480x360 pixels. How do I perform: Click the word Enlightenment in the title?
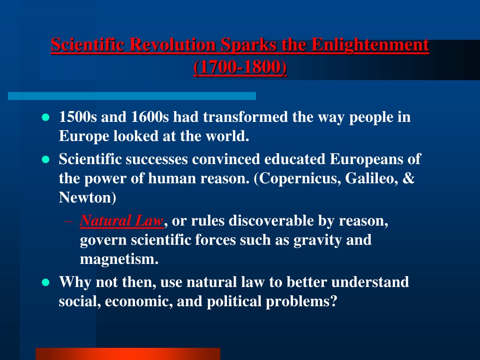pos(370,45)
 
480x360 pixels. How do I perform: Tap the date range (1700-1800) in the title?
pos(240,67)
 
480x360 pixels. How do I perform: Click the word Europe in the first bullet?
pos(84,136)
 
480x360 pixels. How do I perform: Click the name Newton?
pos(85,197)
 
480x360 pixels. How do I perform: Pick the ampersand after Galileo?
pos(408,178)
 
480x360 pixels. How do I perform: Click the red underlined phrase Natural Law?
pos(121,220)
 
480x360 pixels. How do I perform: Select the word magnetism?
pos(119,259)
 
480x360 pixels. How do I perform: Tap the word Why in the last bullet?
pos(75,282)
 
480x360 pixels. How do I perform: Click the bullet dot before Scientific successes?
pos(45,159)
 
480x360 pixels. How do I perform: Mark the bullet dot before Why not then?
pos(45,282)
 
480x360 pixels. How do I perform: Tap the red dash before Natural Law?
pos(69,221)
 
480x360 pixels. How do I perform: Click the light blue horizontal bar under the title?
pos(132,96)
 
